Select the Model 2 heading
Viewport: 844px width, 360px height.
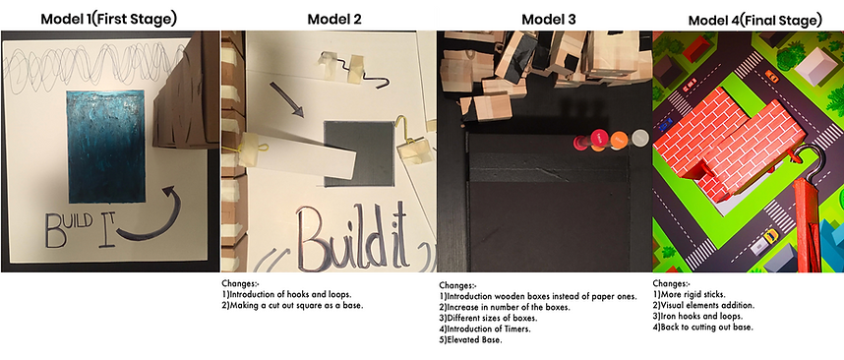[x=334, y=18]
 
